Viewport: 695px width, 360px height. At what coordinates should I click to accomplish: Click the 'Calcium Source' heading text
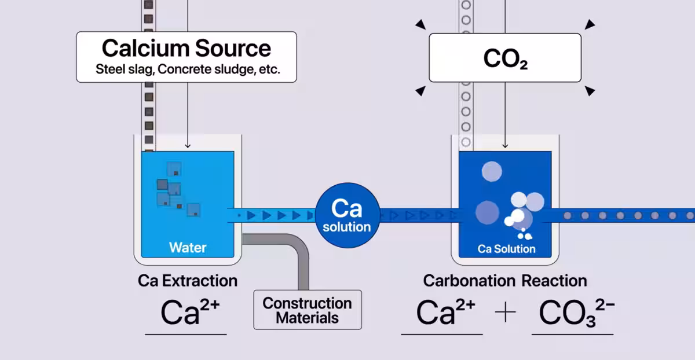pyautogui.click(x=186, y=48)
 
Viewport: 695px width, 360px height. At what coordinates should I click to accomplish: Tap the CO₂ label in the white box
pyautogui.click(x=506, y=58)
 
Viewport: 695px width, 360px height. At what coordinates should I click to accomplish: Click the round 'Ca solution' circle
pyautogui.click(x=348, y=215)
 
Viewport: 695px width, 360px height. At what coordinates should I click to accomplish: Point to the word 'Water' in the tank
pyautogui.click(x=188, y=248)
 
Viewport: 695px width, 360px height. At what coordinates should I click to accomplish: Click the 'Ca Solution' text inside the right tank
pyautogui.click(x=506, y=249)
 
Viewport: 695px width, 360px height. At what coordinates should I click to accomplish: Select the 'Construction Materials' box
pyautogui.click(x=308, y=310)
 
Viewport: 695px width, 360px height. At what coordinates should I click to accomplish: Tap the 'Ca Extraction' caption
pyautogui.click(x=188, y=281)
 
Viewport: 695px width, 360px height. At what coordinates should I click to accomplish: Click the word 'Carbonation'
pyautogui.click(x=469, y=281)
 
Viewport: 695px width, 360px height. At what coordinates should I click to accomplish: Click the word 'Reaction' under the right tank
pyautogui.click(x=554, y=281)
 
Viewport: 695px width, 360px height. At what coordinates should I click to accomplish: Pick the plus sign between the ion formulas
pyautogui.click(x=506, y=312)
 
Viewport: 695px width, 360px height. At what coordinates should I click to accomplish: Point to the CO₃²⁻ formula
pyautogui.click(x=577, y=313)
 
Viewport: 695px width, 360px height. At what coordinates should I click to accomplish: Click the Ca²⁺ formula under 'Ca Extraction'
pyautogui.click(x=190, y=312)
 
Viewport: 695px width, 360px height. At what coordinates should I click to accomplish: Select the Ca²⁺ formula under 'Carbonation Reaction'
pyautogui.click(x=445, y=312)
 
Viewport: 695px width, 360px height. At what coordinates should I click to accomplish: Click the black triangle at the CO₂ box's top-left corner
pyautogui.click(x=421, y=24)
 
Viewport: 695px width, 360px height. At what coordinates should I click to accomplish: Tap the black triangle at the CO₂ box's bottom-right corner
pyautogui.click(x=590, y=91)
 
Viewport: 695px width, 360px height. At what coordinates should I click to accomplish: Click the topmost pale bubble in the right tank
pyautogui.click(x=492, y=171)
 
